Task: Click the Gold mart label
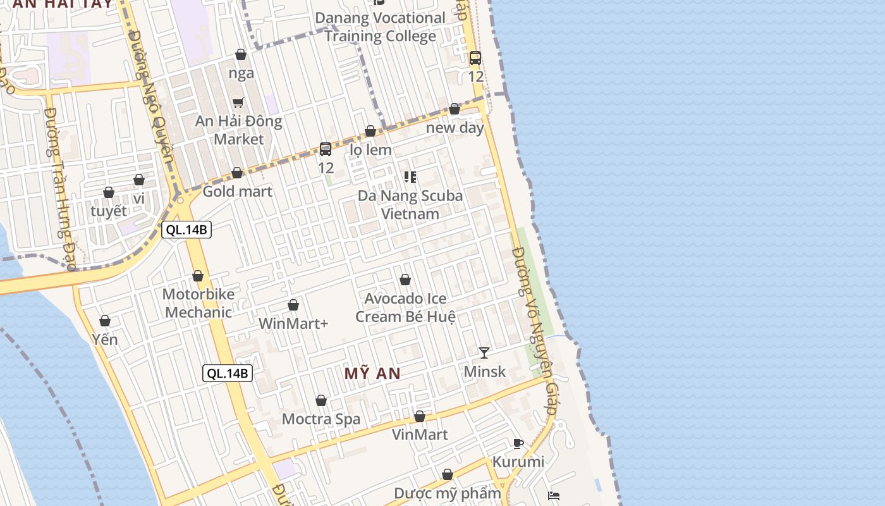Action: tap(237, 191)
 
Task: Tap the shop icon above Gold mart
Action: tap(237, 173)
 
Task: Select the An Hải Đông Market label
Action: tap(238, 130)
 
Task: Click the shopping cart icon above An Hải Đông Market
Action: tap(238, 102)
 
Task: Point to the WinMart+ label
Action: tap(293, 323)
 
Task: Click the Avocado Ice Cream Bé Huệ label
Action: tap(405, 307)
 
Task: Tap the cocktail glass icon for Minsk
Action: tap(484, 353)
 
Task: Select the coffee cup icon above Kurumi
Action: tap(518, 443)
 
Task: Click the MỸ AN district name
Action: tap(372, 373)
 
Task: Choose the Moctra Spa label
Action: tap(321, 419)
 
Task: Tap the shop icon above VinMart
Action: tap(420, 416)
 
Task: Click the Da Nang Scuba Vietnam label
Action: tap(410, 204)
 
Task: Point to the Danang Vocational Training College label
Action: tap(381, 27)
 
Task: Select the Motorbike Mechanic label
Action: tap(198, 303)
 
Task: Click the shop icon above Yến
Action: tap(105, 321)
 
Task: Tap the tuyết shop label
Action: tap(109, 211)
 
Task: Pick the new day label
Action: tap(455, 127)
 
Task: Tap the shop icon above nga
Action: tap(241, 55)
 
